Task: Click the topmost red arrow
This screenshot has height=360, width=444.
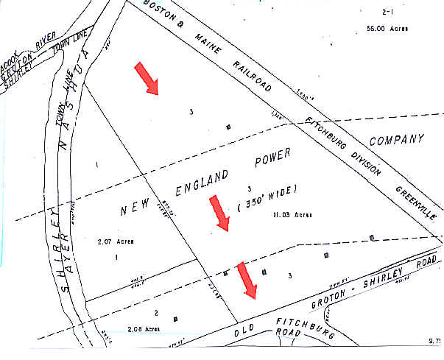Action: coord(146,79)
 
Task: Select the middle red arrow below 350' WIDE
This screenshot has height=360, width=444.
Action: coord(219,213)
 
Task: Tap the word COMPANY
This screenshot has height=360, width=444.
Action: coord(397,139)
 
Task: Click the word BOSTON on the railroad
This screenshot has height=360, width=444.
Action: coord(159,10)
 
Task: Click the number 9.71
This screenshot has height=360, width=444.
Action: coord(434,342)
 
